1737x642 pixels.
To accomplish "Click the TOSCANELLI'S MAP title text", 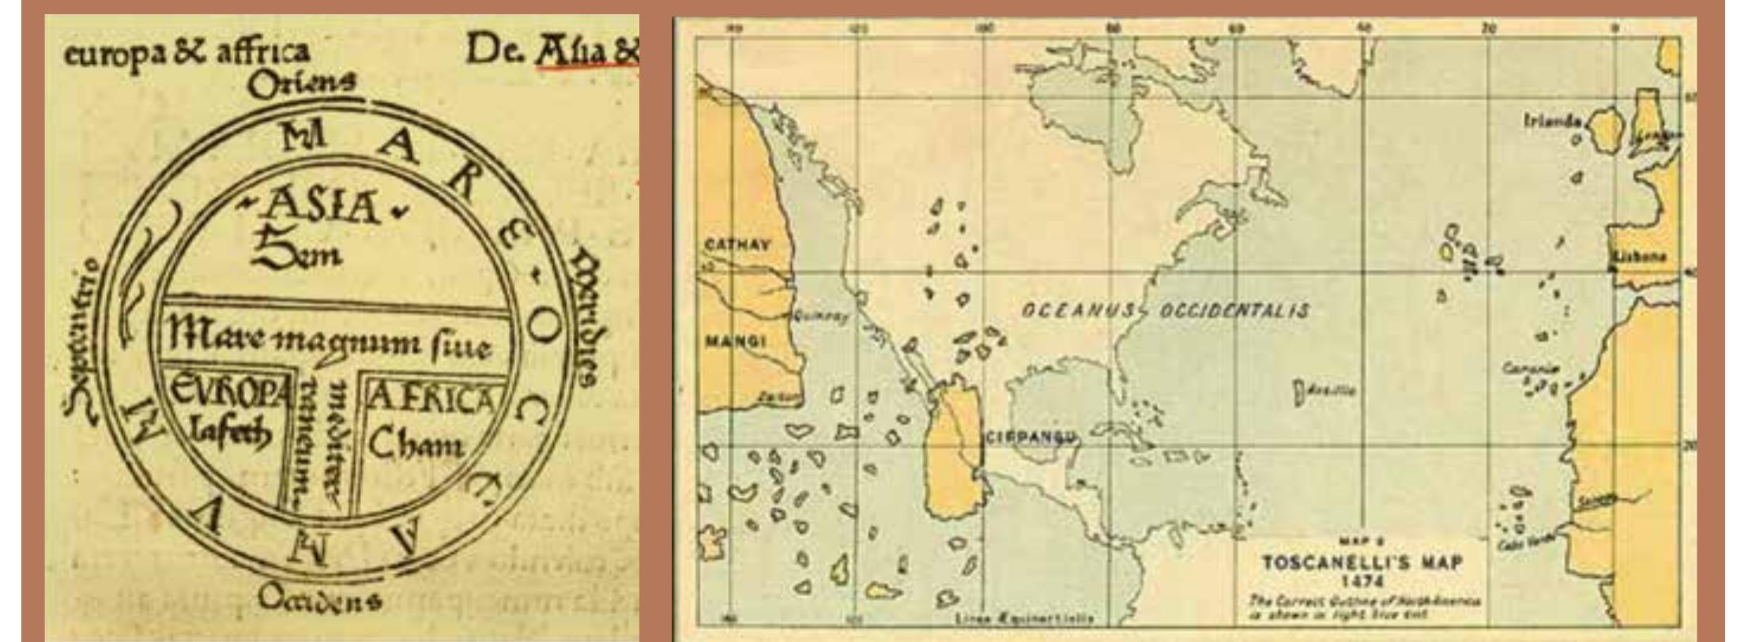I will click(x=1362, y=563).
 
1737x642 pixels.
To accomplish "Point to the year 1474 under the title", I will click(x=1362, y=583).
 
